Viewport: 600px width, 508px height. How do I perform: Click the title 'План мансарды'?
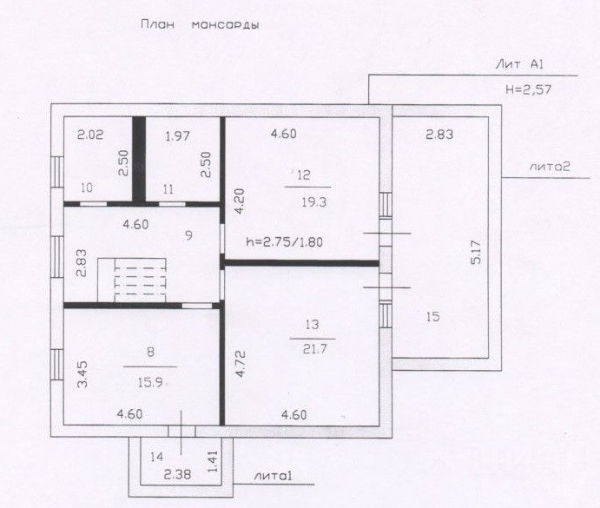(x=200, y=25)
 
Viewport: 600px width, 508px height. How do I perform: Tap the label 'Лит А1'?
(x=519, y=64)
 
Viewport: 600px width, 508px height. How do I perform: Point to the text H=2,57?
(x=529, y=89)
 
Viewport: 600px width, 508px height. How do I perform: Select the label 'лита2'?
(x=550, y=167)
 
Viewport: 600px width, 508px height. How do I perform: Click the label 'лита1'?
(x=273, y=476)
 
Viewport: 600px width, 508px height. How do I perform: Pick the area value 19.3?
(x=313, y=201)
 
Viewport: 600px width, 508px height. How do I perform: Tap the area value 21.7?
(x=314, y=349)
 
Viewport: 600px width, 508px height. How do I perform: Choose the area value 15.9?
(x=150, y=382)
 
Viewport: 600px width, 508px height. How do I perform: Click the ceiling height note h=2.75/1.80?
(x=284, y=242)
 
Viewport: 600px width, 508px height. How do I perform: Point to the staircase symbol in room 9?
(x=132, y=280)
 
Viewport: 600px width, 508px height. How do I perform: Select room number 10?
(x=87, y=188)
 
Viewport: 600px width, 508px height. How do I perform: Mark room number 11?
(x=168, y=189)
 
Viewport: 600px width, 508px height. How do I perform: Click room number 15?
(x=433, y=317)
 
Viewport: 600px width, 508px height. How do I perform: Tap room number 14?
(x=157, y=457)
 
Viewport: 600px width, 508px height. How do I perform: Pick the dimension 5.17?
(x=477, y=252)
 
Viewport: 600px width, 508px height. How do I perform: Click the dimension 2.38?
(x=177, y=475)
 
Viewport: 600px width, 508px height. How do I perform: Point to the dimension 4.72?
(x=241, y=364)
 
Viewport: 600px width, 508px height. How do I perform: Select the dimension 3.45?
(x=82, y=373)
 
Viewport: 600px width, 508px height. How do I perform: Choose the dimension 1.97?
(x=177, y=135)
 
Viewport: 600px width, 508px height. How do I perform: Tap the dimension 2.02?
(x=90, y=135)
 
